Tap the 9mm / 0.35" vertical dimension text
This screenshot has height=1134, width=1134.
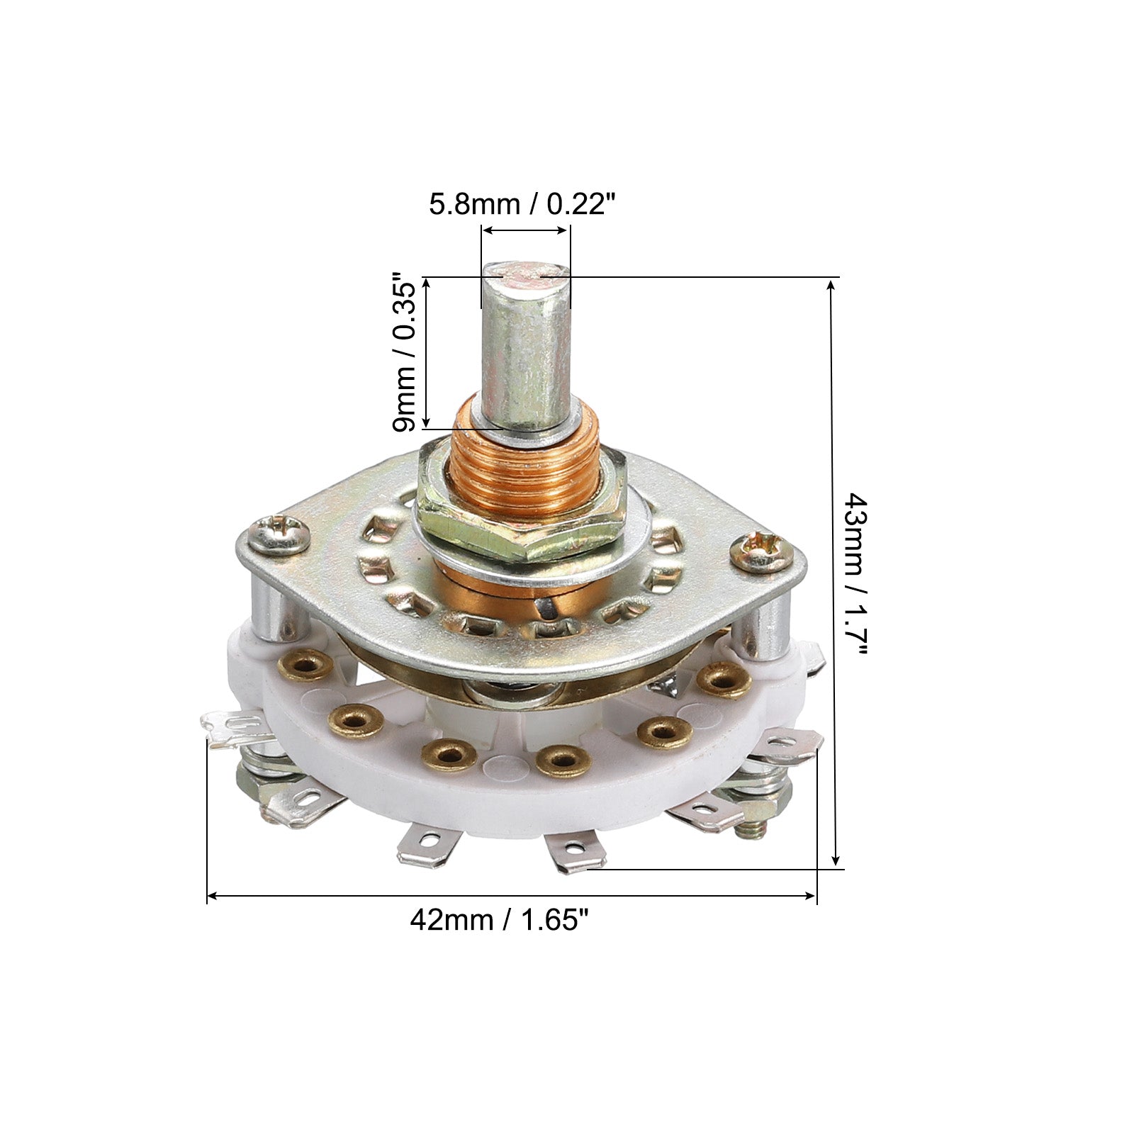[406, 352]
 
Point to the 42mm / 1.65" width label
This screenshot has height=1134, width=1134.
[500, 920]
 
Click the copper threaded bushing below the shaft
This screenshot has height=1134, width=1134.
[526, 464]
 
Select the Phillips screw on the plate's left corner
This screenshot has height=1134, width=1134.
[281, 534]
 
